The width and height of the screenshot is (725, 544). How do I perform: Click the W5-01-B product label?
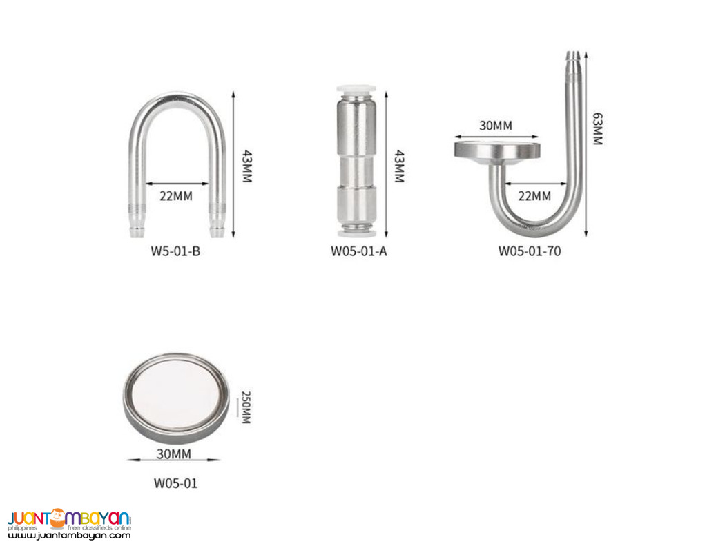[175, 251]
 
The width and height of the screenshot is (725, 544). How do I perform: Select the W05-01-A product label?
[358, 251]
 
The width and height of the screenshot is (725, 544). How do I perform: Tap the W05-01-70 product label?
[530, 251]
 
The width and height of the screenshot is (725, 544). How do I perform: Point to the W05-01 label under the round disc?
[175, 483]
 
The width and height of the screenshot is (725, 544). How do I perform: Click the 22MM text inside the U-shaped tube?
[175, 195]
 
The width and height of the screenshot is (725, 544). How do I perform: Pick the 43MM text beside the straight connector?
[398, 167]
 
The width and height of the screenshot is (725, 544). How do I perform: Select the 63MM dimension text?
[597, 129]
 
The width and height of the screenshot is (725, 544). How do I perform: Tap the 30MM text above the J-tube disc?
[496, 126]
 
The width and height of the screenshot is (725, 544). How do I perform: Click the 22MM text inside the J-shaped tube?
[534, 195]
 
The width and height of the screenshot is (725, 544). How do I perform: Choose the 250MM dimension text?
[245, 408]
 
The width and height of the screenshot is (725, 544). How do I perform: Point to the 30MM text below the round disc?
[175, 454]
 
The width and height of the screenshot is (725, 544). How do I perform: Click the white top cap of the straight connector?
[357, 90]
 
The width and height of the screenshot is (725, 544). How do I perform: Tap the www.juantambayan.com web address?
[69, 535]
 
